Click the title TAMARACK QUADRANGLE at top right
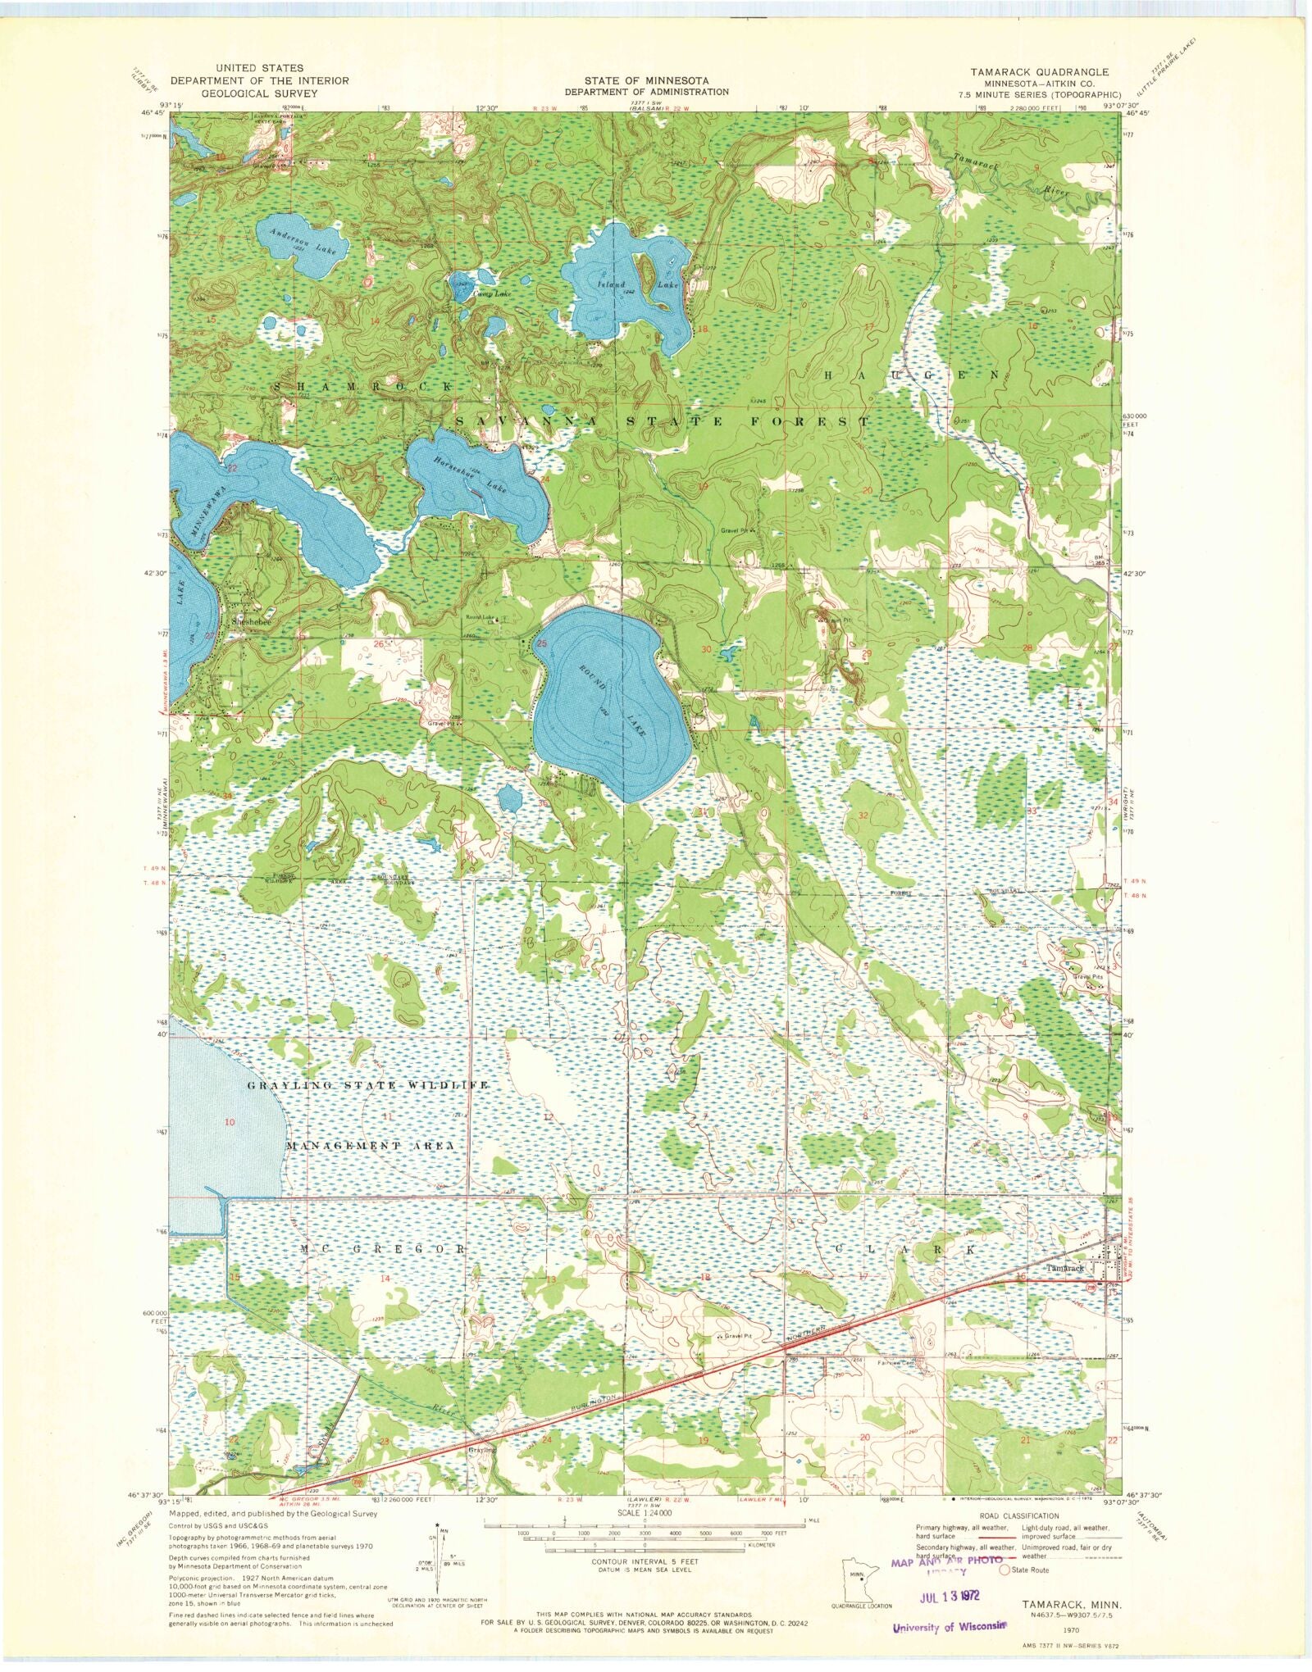click(1039, 72)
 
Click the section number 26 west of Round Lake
click(379, 644)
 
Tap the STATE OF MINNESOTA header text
click(647, 80)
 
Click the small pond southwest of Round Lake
click(509, 797)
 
